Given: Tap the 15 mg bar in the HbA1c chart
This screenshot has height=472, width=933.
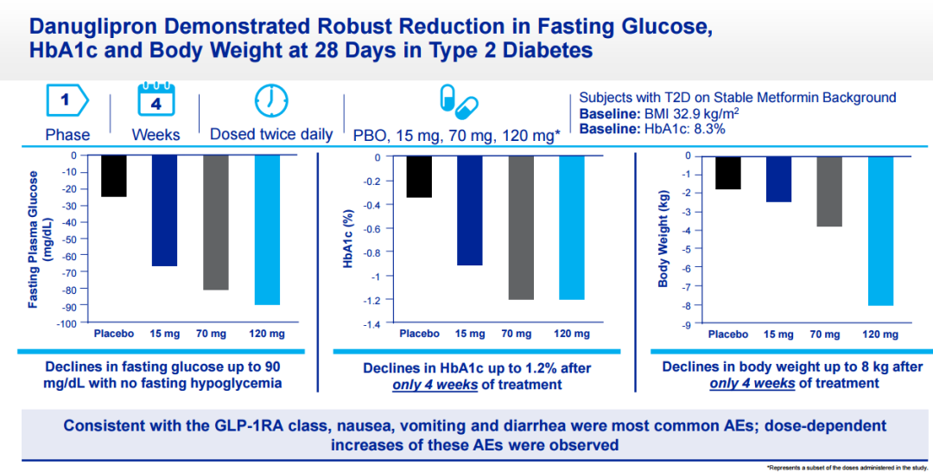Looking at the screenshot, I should pyautogui.click(x=469, y=210).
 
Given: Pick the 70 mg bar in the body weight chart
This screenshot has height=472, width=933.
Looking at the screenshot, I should pyautogui.click(x=828, y=191).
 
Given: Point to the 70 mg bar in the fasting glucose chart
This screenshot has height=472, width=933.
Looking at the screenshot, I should pyautogui.click(x=215, y=222).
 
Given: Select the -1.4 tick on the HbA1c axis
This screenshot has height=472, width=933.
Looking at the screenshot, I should pyautogui.click(x=371, y=324).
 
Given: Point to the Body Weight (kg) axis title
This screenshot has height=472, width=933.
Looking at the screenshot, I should pyautogui.click(x=663, y=241).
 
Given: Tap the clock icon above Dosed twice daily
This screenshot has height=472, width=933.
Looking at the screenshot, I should pyautogui.click(x=270, y=101).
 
